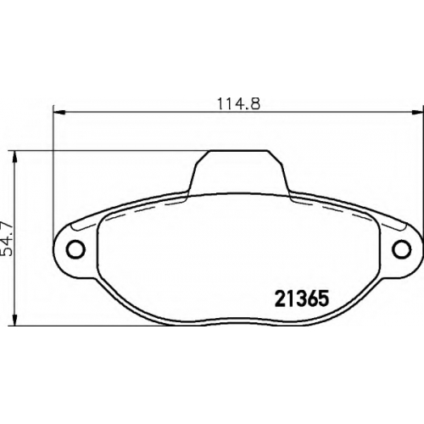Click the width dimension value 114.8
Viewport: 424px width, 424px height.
tap(238, 103)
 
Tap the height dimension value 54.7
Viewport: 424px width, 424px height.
tap(7, 239)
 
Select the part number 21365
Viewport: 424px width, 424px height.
tap(302, 298)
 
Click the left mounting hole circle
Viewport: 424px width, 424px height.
tap(75, 248)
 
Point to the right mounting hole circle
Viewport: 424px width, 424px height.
tap(401, 248)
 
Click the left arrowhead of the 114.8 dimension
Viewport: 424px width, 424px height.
tap(59, 113)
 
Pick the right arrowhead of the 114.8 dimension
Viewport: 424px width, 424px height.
tap(417, 113)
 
